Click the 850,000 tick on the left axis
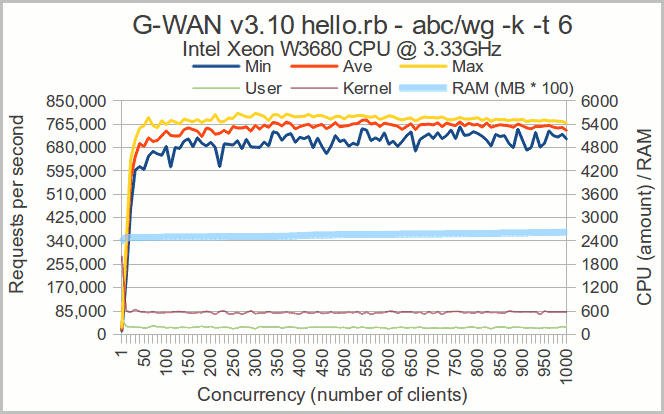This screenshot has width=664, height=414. tap(76, 101)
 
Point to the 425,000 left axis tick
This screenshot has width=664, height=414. tap(76, 218)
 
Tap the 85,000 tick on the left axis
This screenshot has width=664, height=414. tap(80, 311)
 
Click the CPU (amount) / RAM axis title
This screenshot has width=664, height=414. tap(642, 217)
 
